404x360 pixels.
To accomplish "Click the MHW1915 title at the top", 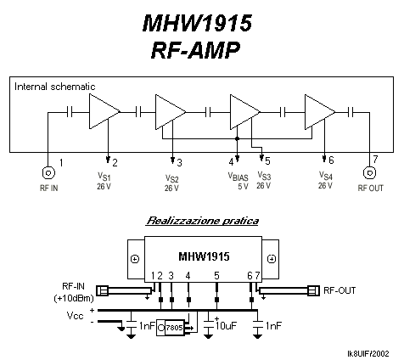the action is click(x=197, y=23).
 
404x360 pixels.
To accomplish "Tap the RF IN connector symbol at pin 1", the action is click(x=48, y=172).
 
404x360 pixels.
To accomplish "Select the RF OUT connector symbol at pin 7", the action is click(x=369, y=172).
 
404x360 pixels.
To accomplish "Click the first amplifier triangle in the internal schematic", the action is click(x=104, y=111).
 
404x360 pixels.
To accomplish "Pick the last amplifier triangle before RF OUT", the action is click(x=320, y=112).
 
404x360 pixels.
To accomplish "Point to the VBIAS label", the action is click(x=238, y=177).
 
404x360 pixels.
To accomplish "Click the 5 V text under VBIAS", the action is click(x=243, y=187).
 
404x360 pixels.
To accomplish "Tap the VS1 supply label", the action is click(x=104, y=177).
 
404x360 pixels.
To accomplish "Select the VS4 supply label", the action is click(x=326, y=176).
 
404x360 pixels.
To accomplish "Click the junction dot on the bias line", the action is click(x=238, y=138).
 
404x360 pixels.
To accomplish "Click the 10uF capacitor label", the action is click(x=226, y=326).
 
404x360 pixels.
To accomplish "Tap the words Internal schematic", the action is click(x=55, y=87).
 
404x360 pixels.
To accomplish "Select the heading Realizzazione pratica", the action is click(x=202, y=221).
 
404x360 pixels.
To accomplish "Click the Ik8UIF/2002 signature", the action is click(x=368, y=353).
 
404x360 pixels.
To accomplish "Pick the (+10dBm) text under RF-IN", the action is click(x=74, y=298).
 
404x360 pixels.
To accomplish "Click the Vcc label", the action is click(x=75, y=315).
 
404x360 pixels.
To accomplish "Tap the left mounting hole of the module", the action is click(x=135, y=259).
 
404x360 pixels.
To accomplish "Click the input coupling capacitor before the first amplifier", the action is click(x=70, y=112).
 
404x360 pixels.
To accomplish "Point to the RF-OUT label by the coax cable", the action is click(x=339, y=290).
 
